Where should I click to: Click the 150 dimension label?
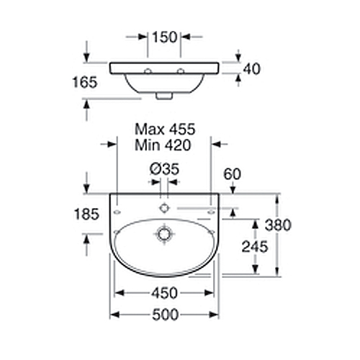coord(165,37)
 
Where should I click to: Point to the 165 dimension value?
coord(85,82)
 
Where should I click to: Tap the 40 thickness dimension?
coord(252,69)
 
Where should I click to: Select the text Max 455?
coord(165,130)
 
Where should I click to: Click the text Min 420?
coord(163,145)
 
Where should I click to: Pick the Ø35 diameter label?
coord(164,169)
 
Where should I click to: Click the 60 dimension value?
coord(232,174)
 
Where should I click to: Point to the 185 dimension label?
coord(86,214)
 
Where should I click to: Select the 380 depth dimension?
coord(278,225)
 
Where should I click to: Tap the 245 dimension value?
coord(255,247)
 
